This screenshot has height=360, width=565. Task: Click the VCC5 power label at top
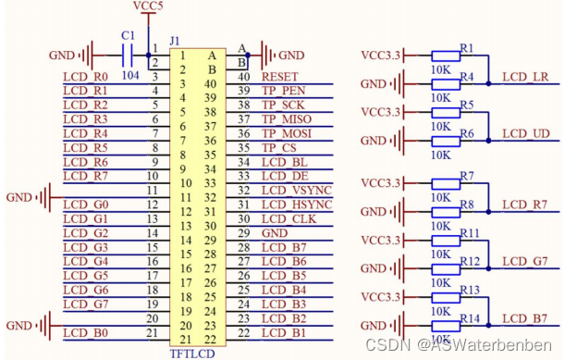click(x=147, y=6)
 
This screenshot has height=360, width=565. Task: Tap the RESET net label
click(x=280, y=76)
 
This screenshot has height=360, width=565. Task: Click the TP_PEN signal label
click(x=282, y=91)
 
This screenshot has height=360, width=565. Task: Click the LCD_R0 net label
click(x=86, y=76)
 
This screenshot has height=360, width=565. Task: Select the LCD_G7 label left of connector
click(x=86, y=304)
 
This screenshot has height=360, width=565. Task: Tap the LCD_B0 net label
click(x=86, y=332)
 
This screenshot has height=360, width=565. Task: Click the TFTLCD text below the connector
click(x=191, y=353)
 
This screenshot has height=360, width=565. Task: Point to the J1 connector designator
click(x=176, y=43)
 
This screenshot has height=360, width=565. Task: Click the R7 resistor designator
click(x=466, y=175)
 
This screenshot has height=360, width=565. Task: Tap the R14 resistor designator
click(x=470, y=317)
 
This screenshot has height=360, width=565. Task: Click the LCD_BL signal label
click(x=284, y=161)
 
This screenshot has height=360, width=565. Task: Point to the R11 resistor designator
click(x=470, y=232)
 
